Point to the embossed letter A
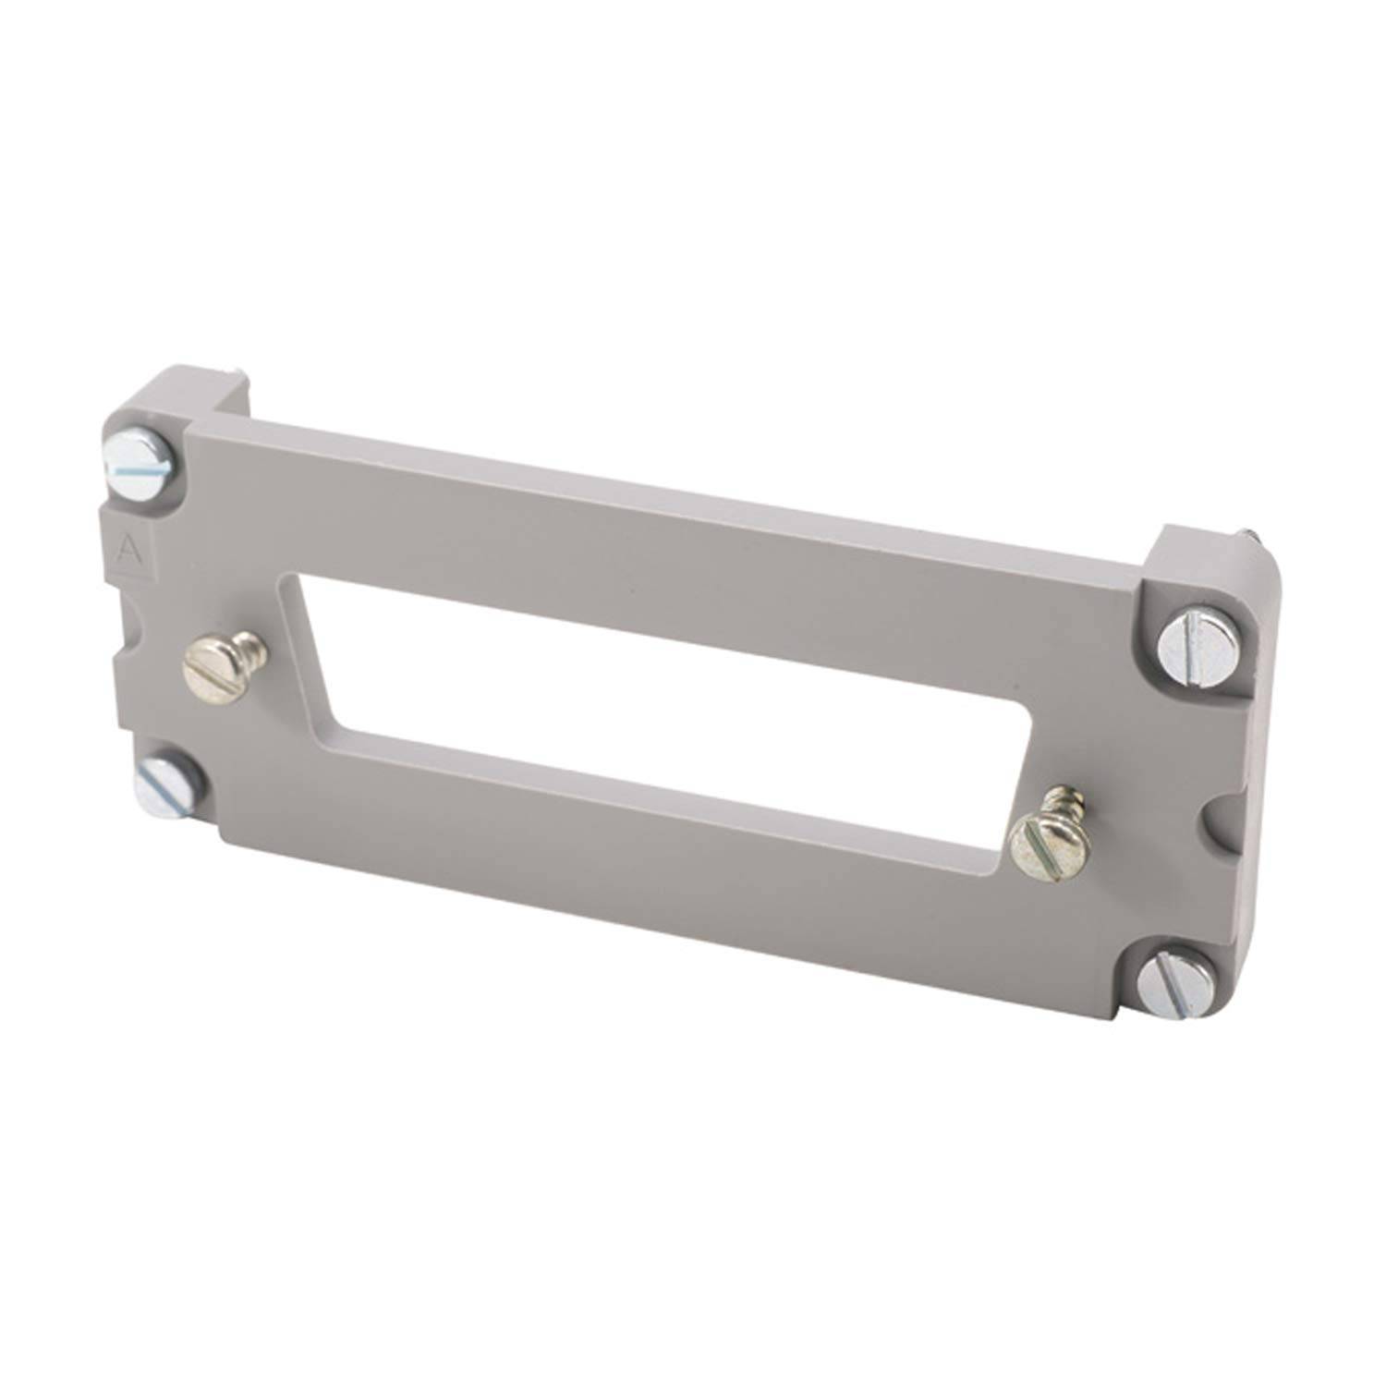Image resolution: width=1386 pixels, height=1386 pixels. (128, 552)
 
